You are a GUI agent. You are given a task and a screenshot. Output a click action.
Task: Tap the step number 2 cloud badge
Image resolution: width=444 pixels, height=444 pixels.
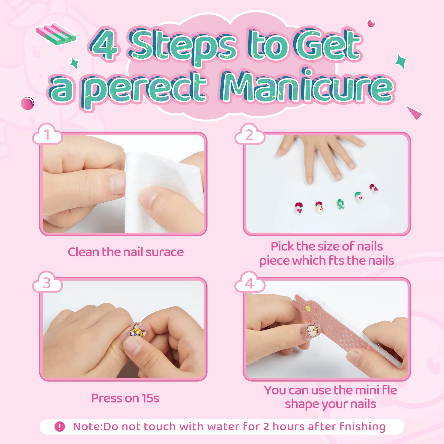point(250,134)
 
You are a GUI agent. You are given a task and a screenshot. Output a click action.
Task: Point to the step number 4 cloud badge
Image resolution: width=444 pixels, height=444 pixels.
point(250,282)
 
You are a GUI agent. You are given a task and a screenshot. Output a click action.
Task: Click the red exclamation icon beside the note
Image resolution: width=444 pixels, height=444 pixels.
point(60,427)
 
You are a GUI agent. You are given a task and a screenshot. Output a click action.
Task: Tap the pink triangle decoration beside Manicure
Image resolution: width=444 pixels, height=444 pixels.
point(414,113)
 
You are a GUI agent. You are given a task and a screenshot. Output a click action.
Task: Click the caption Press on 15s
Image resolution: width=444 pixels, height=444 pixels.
point(125,398)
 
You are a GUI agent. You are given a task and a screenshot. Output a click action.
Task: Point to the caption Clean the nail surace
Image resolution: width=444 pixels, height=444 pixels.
point(126,252)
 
